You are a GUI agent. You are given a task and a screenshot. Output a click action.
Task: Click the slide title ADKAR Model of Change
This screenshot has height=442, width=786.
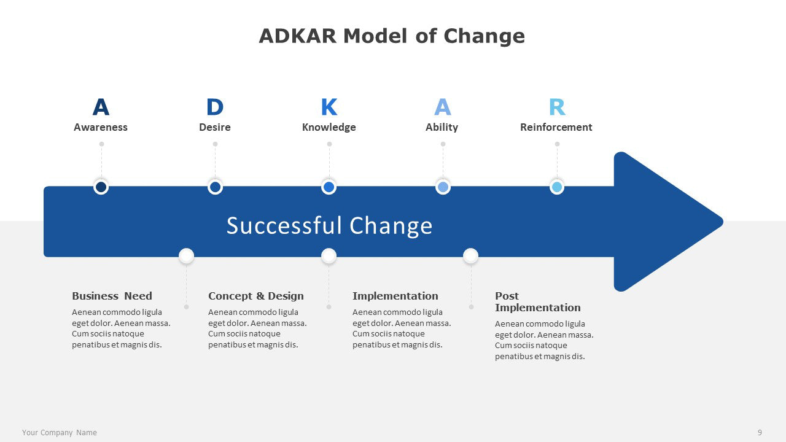point(392,36)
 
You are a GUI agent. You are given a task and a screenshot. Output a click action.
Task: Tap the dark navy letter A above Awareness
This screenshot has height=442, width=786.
point(101,107)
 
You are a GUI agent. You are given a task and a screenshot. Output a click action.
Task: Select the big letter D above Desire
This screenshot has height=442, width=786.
point(215,107)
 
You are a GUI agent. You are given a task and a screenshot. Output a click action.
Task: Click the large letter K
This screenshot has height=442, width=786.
point(329,107)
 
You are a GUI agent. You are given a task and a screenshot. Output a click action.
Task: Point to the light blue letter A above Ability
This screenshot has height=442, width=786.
point(443,107)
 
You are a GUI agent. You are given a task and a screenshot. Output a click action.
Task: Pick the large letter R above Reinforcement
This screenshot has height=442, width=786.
point(557,107)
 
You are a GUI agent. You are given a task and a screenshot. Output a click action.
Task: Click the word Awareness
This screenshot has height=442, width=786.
point(101,127)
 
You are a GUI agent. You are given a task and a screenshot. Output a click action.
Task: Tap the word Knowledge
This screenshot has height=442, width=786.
point(329,127)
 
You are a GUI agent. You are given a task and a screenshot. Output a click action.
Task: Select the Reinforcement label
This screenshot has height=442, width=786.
point(556,127)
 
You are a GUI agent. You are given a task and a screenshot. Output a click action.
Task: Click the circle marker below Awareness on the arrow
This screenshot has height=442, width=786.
point(101,187)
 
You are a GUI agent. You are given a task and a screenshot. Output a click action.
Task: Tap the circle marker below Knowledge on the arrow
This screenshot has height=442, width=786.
point(329,187)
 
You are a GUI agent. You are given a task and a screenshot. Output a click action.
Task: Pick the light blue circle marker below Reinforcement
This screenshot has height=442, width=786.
point(557,187)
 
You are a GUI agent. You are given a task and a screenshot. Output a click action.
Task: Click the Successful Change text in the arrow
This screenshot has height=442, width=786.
point(329,225)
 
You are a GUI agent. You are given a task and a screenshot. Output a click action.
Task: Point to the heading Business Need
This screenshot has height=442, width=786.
point(112,296)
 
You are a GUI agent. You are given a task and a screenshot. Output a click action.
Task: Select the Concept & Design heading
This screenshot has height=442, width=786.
point(256,296)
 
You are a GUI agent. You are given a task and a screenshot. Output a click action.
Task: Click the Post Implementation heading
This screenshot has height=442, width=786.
point(537,301)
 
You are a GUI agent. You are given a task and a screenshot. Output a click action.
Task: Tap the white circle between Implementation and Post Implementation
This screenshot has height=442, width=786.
point(470,256)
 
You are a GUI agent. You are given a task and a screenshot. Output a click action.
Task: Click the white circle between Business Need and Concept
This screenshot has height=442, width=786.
point(186,256)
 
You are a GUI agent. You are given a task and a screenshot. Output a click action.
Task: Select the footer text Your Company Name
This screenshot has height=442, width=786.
point(60,433)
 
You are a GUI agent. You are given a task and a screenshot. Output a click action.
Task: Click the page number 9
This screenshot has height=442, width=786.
point(760,433)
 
